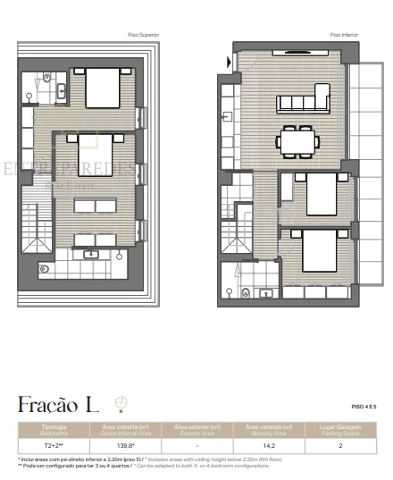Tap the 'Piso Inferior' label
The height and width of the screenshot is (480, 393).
pyautogui.click(x=342, y=36)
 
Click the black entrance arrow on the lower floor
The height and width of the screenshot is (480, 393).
pyautogui.click(x=230, y=62)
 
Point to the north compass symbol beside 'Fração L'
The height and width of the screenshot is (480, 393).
pyautogui.click(x=121, y=402)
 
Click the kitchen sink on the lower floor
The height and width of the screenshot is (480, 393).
pyautogui.click(x=228, y=119)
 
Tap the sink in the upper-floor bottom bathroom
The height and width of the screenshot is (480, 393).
pyautogui.click(x=92, y=254)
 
